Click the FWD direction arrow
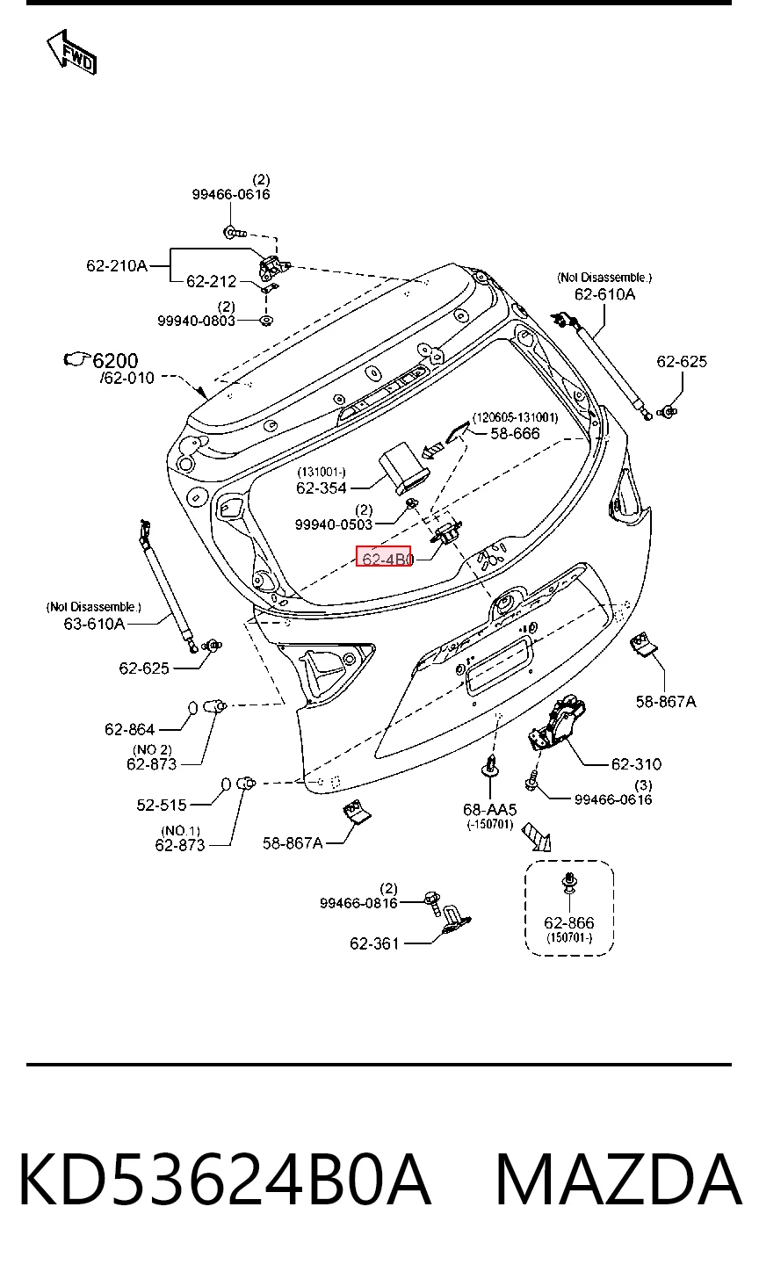(72, 52)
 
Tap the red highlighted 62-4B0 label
(383, 557)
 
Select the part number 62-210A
(117, 265)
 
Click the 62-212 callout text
(212, 281)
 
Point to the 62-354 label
(322, 488)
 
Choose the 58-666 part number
(515, 433)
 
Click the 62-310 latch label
(636, 764)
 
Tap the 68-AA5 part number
(490, 809)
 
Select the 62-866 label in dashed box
(569, 922)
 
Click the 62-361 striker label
(374, 943)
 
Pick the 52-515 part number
(162, 805)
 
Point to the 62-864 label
(130, 729)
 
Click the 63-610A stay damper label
(94, 624)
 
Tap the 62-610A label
(604, 294)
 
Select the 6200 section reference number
(115, 361)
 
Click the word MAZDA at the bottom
(619, 1180)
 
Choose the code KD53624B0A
(224, 1180)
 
